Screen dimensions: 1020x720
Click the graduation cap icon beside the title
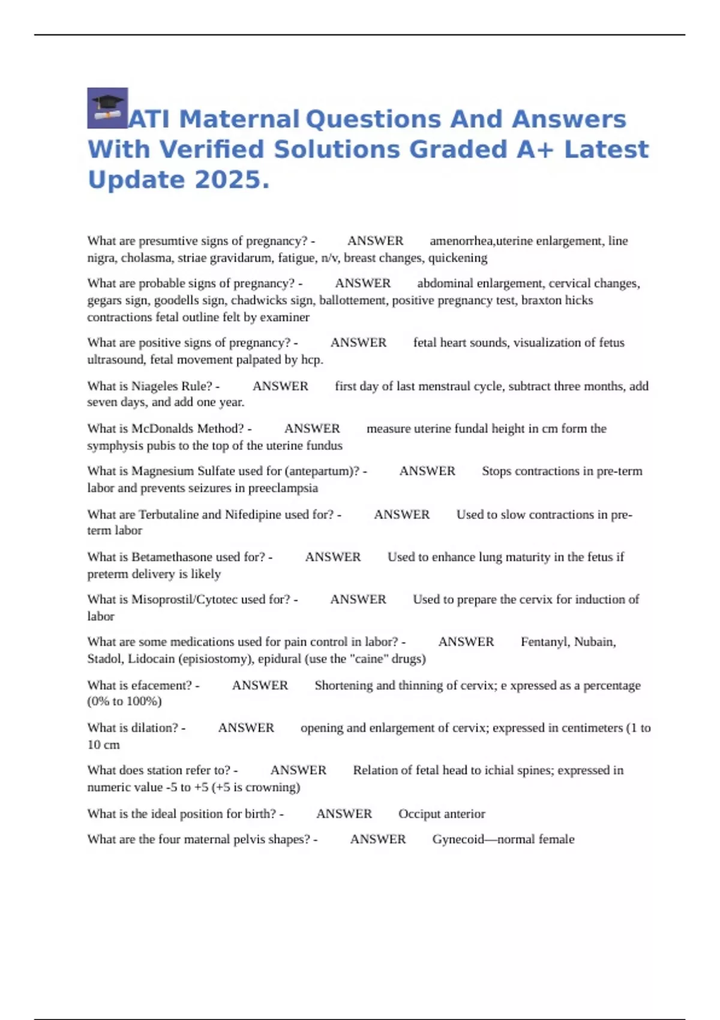point(107,108)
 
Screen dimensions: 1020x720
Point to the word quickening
point(457,258)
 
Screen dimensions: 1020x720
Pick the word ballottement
point(354,300)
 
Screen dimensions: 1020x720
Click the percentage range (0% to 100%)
point(124,701)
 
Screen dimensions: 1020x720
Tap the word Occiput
point(419,814)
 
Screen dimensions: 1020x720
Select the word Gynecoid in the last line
point(458,839)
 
